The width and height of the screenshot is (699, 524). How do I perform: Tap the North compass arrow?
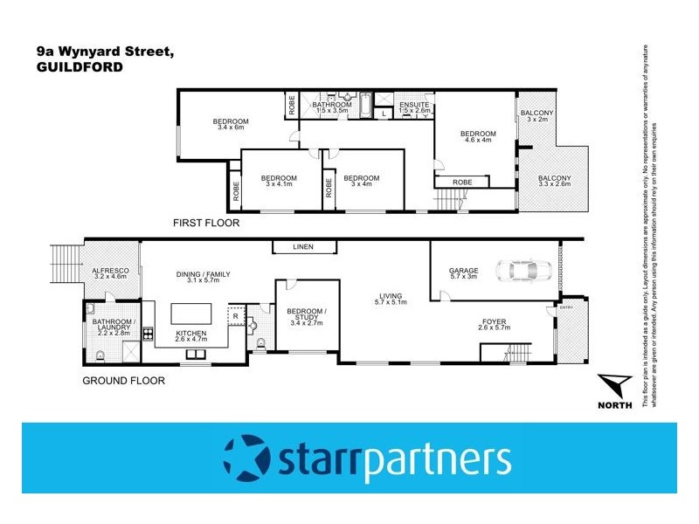pyautogui.click(x=616, y=384)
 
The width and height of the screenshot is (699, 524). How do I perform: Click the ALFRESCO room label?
pyautogui.click(x=111, y=272)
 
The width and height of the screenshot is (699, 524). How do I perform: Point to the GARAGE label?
pyautogui.click(x=463, y=271)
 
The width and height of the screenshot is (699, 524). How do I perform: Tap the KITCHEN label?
pyautogui.click(x=191, y=334)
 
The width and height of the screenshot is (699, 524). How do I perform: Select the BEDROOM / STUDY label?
pyautogui.click(x=307, y=313)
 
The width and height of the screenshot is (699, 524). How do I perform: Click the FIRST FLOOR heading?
pyautogui.click(x=207, y=224)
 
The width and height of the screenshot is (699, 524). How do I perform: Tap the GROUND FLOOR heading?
pyautogui.click(x=123, y=381)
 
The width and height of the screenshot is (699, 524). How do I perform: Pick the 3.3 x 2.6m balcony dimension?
pyautogui.click(x=554, y=184)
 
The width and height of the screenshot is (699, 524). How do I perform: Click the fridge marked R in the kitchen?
pyautogui.click(x=236, y=316)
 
